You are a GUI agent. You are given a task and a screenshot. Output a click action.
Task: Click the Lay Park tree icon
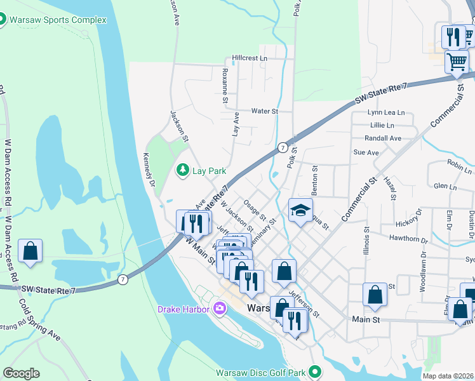pos(183,170)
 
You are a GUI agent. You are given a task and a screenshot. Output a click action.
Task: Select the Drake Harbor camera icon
pos(220,309)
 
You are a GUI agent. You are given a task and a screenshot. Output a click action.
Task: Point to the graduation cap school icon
pos(301,211)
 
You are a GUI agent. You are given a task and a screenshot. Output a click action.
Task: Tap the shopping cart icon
pos(457,62)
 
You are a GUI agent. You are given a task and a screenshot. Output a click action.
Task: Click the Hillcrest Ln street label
pos(250,58)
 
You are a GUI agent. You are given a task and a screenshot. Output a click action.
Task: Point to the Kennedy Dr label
pos(149,171)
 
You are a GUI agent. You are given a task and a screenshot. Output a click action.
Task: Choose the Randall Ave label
pos(383,138)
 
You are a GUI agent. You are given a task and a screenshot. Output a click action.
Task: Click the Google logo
pos(22,373)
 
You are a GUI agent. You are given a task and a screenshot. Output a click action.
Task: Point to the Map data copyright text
pos(448,376)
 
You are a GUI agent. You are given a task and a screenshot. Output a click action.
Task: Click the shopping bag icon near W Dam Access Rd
pos(30,251)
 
